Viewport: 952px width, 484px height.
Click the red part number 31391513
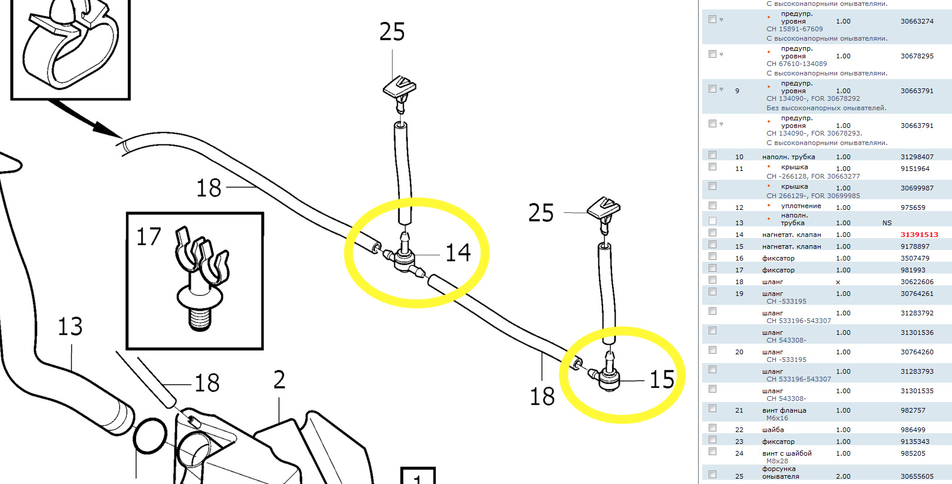[x=919, y=235]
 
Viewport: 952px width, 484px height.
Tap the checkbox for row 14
[x=713, y=233]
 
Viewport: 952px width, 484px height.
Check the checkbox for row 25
[x=713, y=474]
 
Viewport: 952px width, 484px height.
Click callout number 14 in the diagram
[x=458, y=253]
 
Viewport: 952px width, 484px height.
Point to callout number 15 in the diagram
[x=662, y=380]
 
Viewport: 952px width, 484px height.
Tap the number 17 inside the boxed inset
[x=148, y=237]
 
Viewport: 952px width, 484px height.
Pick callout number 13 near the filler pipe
[x=70, y=327]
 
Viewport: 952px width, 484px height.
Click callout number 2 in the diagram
[x=279, y=380]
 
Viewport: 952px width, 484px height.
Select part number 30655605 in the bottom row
[x=917, y=477]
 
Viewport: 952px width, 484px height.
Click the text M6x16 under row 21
[x=777, y=419]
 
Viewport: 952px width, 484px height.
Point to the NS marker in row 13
[x=887, y=223]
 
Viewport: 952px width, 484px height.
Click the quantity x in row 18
[x=838, y=282]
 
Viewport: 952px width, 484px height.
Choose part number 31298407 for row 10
[x=917, y=157]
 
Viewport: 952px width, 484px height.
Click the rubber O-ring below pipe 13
[x=150, y=436]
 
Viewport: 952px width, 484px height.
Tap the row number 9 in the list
[x=737, y=91]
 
